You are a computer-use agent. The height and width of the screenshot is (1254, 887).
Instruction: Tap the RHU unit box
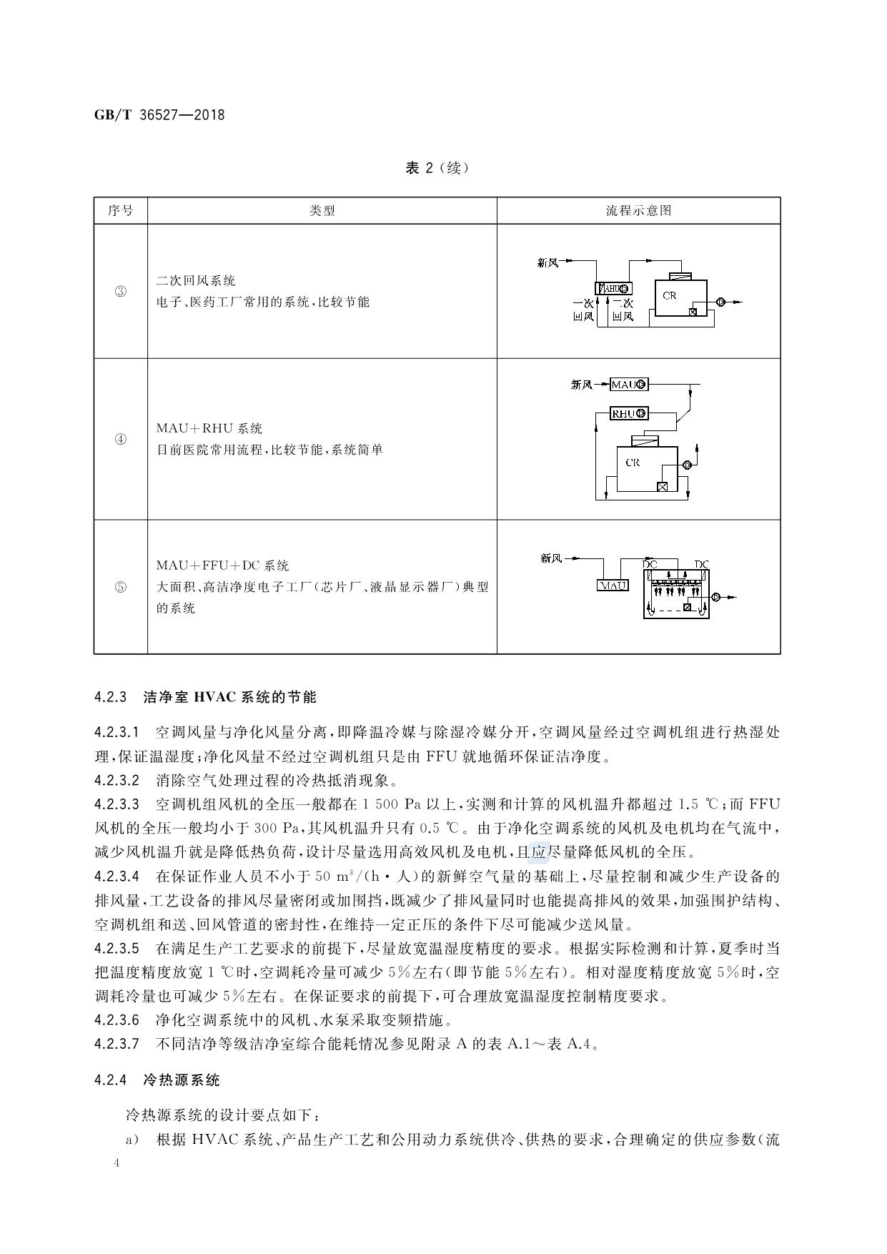(628, 413)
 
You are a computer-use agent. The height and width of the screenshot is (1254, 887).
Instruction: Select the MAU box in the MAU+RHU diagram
(628, 385)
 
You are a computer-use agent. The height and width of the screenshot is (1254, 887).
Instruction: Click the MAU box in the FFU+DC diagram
(613, 585)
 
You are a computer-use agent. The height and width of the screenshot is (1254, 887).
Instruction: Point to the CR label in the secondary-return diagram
(669, 295)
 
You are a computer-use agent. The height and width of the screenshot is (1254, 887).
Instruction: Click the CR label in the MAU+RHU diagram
(633, 463)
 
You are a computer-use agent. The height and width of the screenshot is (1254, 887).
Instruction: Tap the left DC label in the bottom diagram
(650, 565)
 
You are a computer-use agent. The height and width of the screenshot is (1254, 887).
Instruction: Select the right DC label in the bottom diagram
(701, 565)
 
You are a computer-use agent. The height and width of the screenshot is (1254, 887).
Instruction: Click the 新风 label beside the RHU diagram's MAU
(581, 385)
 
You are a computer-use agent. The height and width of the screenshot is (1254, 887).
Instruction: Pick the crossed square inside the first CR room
(693, 312)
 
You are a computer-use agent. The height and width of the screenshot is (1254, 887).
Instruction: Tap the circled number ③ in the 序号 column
(120, 292)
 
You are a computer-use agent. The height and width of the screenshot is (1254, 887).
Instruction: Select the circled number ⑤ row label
(120, 587)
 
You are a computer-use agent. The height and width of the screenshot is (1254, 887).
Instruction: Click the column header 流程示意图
(638, 211)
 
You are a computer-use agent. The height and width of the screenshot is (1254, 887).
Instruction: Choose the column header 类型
(322, 211)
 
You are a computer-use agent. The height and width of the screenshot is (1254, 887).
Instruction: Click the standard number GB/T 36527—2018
(159, 114)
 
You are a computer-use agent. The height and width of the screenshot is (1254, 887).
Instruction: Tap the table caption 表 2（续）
(437, 169)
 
